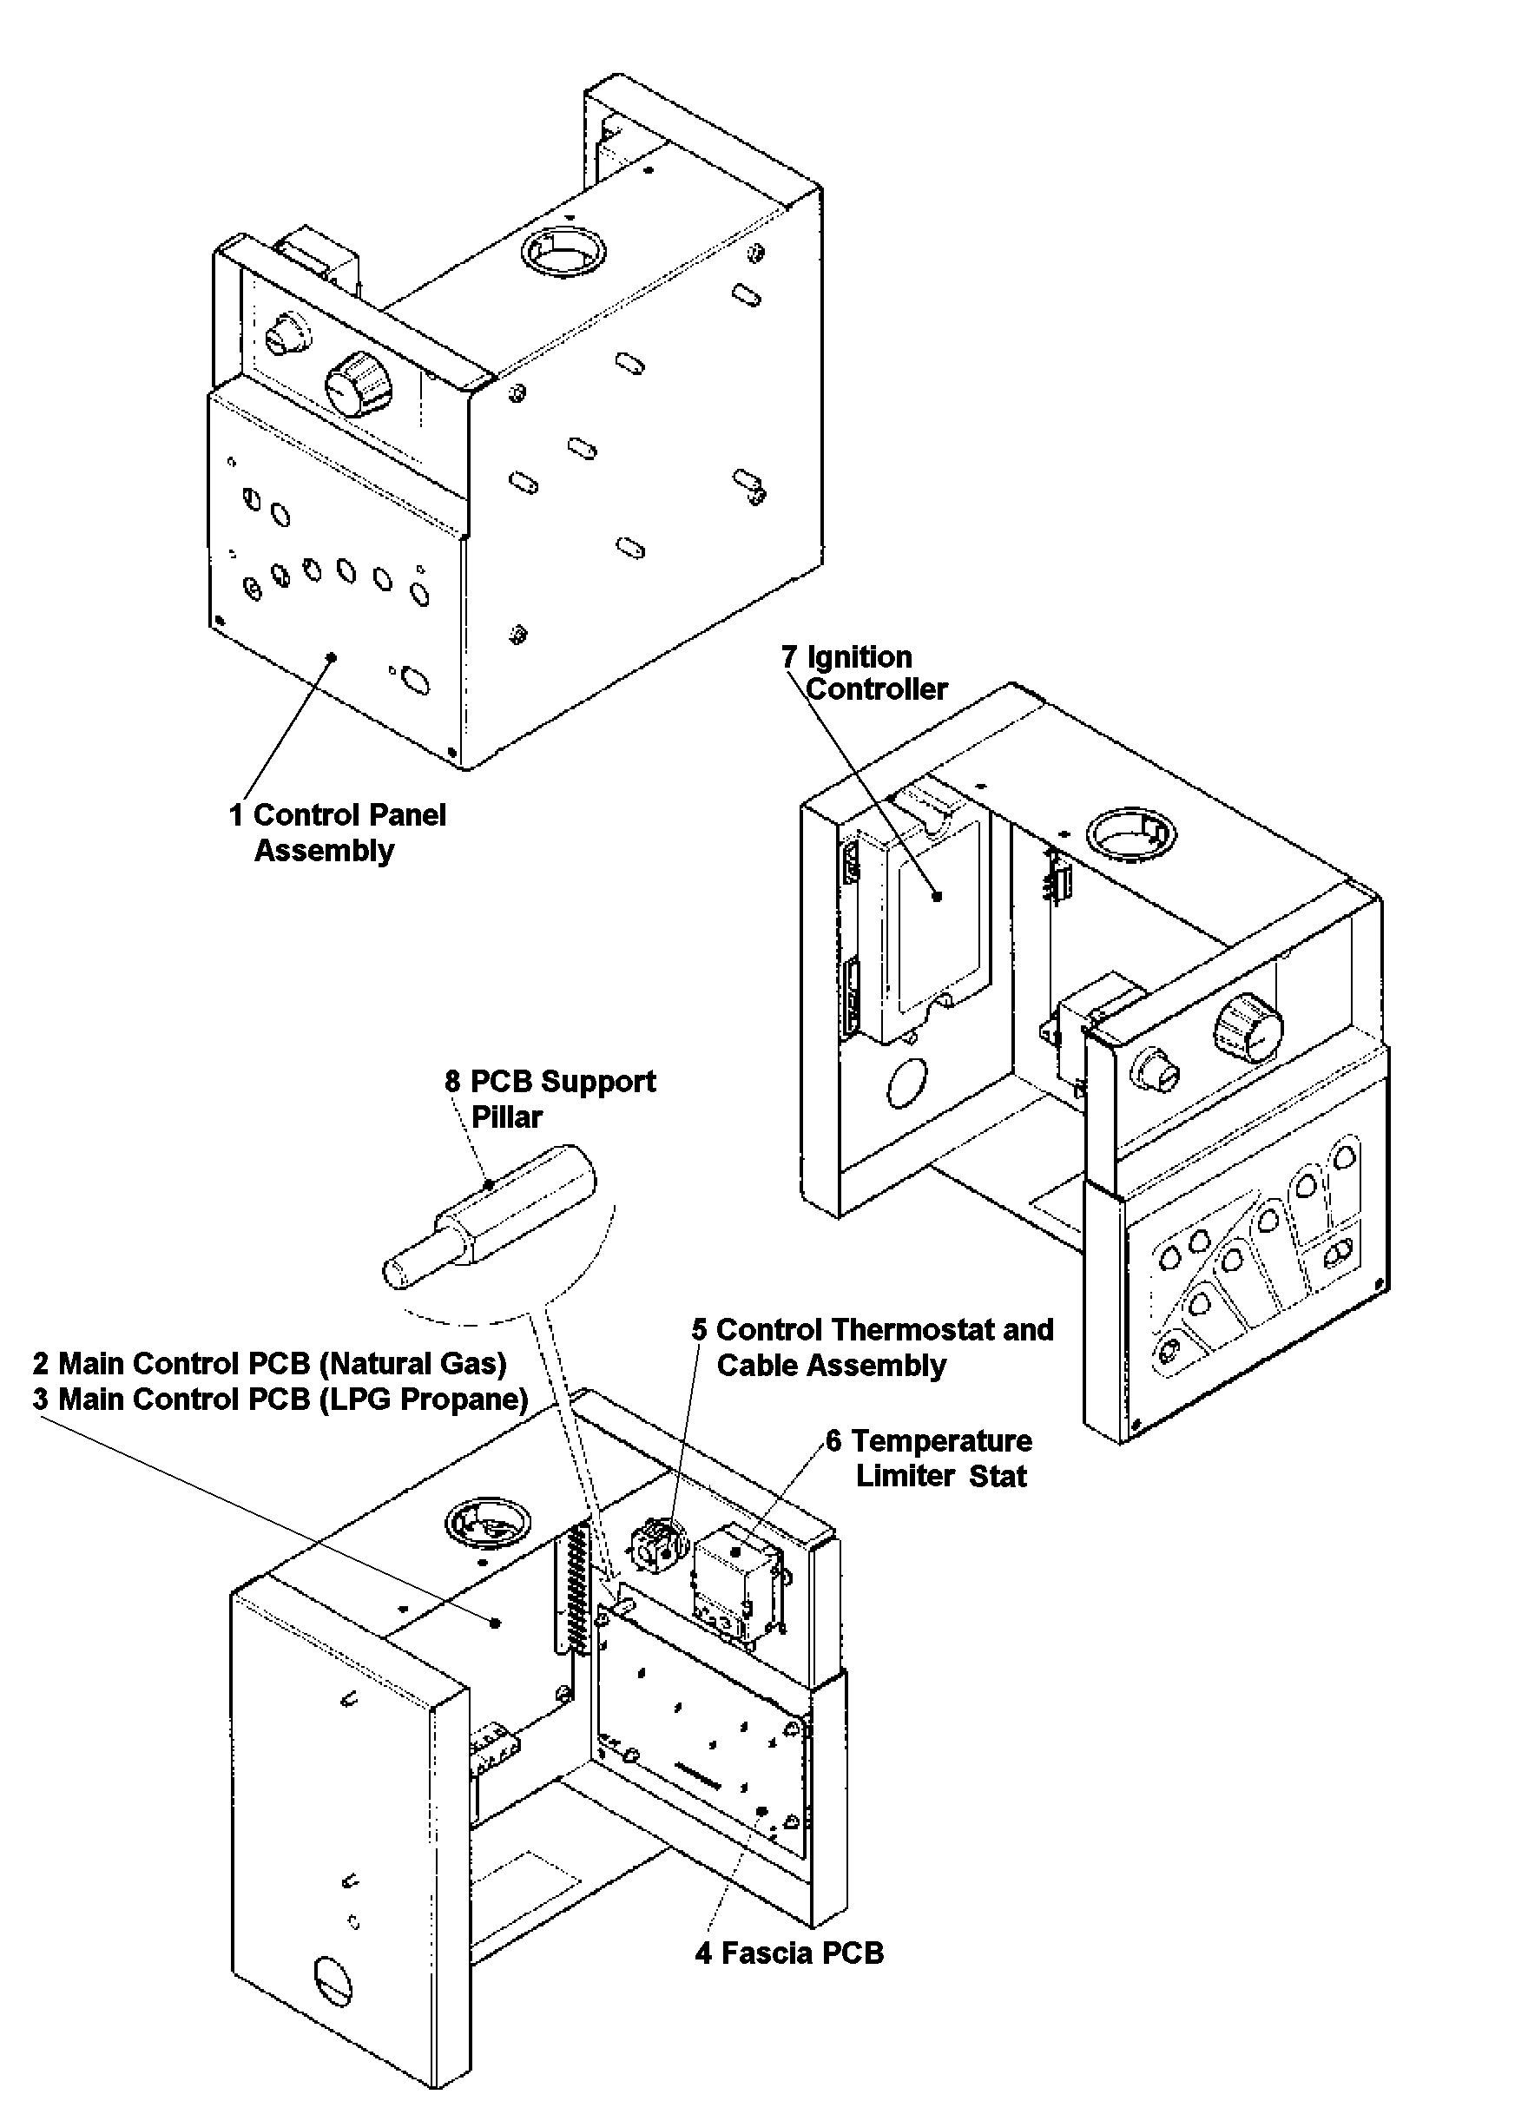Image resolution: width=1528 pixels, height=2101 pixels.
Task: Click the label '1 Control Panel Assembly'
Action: (x=338, y=832)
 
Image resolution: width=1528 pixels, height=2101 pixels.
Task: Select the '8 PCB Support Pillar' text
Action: (x=550, y=1097)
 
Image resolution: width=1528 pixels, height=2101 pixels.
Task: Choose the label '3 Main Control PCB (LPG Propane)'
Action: (x=280, y=1398)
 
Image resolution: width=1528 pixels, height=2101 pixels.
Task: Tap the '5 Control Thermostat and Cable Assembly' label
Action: (x=872, y=1347)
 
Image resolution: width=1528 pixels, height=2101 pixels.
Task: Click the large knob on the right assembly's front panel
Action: (x=1248, y=1031)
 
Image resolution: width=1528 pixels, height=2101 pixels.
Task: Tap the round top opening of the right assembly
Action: (x=1131, y=833)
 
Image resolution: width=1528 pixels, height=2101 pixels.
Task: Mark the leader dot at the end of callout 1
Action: (x=332, y=657)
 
